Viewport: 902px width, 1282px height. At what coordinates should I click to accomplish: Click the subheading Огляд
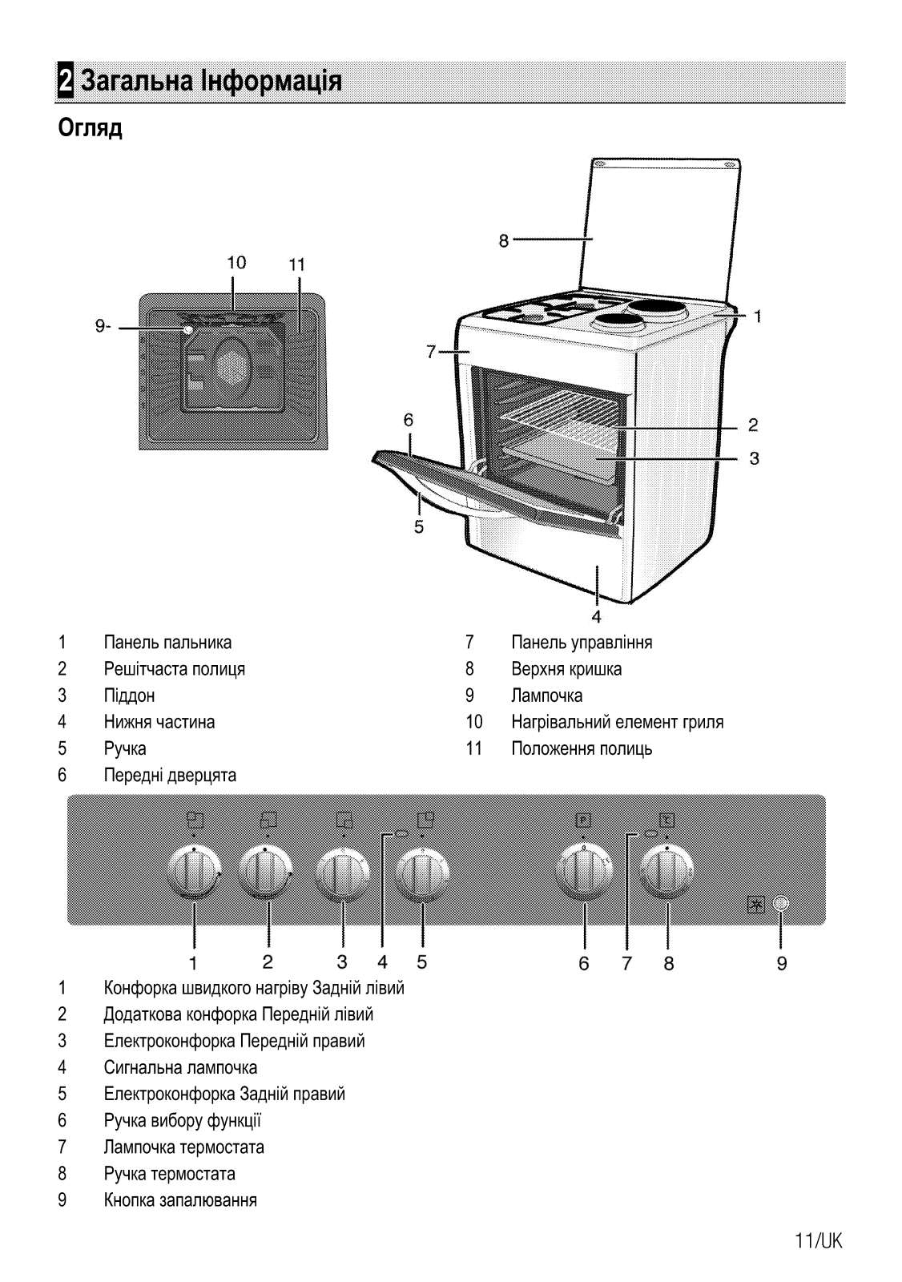click(x=90, y=129)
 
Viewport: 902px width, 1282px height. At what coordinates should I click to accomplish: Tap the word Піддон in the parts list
click(x=129, y=695)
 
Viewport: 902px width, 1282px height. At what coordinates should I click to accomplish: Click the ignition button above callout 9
click(x=781, y=904)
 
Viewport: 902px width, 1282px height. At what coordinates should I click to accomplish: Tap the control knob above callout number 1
click(x=194, y=873)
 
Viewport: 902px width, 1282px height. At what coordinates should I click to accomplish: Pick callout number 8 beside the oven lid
click(x=504, y=241)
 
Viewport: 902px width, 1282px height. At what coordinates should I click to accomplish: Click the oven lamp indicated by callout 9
click(x=187, y=329)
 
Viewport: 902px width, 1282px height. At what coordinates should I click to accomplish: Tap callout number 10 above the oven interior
click(x=236, y=263)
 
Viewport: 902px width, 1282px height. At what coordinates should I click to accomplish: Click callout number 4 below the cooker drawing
click(x=596, y=617)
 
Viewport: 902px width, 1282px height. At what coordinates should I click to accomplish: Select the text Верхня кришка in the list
click(x=566, y=668)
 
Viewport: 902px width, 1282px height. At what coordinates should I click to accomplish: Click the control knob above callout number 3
click(x=343, y=873)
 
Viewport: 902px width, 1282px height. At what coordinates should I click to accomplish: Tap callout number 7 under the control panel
click(x=626, y=963)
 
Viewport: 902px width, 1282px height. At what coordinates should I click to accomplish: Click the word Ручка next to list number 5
click(x=125, y=748)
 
